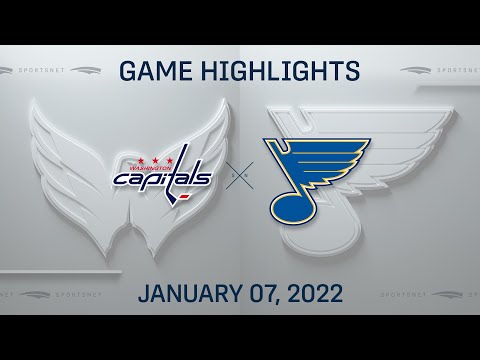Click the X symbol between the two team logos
240,180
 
